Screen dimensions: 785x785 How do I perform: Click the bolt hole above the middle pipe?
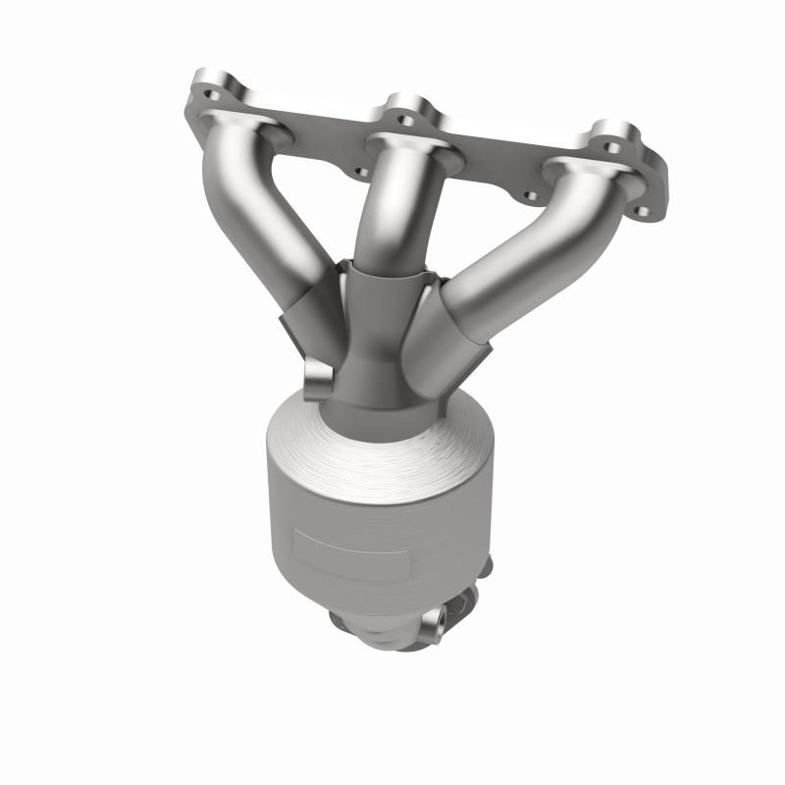coord(404,121)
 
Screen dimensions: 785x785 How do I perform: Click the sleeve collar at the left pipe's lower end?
coord(309,314)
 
